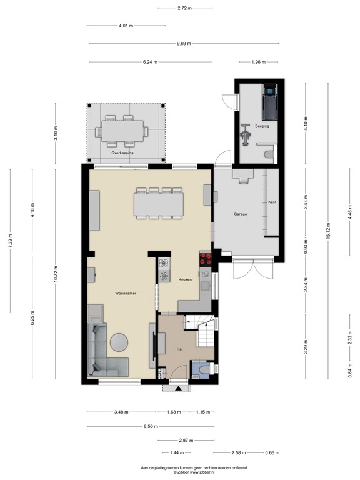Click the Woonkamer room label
point(126,292)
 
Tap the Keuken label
point(185,279)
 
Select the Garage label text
point(241,214)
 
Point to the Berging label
point(262,126)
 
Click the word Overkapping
point(122,152)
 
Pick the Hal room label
point(179,349)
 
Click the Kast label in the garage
point(272,202)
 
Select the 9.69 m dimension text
point(183,44)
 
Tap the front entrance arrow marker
point(179,388)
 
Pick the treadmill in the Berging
point(269,103)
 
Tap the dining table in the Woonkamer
point(159,204)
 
